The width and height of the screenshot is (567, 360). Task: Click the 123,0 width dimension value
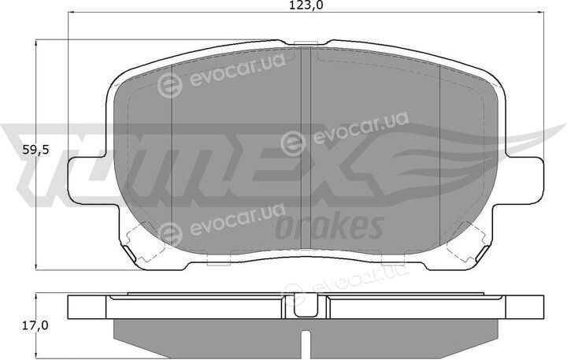click(x=306, y=6)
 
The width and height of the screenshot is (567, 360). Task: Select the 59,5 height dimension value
click(x=35, y=150)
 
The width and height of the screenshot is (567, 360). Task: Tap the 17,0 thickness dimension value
click(x=35, y=325)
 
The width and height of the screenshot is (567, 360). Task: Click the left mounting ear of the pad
click(x=87, y=178)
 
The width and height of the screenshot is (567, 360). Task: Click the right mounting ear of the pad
click(x=524, y=178)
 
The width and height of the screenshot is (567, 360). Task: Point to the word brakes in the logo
click(x=329, y=226)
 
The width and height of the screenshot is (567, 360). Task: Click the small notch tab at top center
click(x=306, y=44)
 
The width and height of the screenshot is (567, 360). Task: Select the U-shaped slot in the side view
click(x=306, y=306)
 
